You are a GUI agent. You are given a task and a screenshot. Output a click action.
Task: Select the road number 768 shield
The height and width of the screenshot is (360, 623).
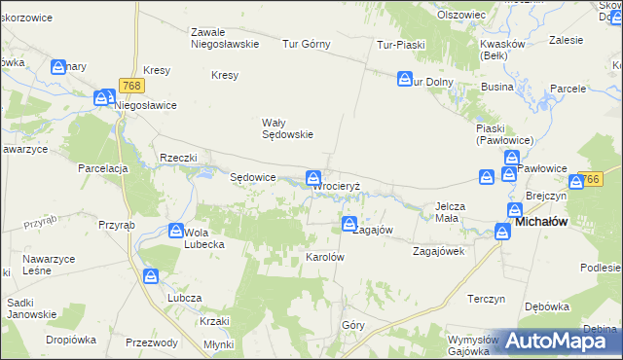133,86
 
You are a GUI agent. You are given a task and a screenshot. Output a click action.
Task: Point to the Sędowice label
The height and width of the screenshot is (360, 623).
252,177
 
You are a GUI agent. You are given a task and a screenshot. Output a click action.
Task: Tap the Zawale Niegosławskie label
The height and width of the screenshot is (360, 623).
224,37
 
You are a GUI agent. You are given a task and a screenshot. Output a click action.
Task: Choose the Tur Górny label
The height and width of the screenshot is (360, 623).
307,44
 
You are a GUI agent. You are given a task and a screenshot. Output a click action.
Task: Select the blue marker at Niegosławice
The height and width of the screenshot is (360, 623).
104,98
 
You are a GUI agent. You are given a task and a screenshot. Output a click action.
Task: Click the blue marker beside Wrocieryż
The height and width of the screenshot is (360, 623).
314,178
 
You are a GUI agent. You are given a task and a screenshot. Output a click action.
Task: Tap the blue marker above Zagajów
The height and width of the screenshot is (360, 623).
349,225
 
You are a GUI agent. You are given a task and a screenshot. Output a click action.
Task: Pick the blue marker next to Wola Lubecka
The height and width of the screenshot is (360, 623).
176,232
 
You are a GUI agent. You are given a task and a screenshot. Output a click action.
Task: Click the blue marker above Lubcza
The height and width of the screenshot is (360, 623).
150,277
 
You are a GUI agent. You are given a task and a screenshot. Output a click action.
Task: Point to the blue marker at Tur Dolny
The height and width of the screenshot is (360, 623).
405,79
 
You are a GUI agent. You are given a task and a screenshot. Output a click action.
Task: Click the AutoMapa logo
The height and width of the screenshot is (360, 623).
558,341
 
